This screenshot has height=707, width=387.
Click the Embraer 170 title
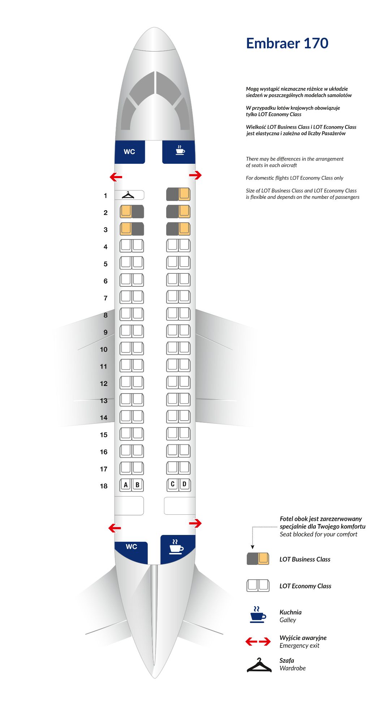287,43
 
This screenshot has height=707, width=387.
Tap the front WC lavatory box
129,152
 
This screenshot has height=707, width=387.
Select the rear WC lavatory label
131,547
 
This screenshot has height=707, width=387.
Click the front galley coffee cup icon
180,150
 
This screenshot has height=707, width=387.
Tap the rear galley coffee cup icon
176,547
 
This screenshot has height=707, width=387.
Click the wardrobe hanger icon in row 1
128,195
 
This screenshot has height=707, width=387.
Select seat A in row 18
126,485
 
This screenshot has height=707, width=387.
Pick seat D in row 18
184,484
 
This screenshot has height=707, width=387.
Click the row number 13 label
104,401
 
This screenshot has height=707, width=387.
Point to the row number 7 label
106,298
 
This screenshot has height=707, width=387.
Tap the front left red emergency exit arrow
116,177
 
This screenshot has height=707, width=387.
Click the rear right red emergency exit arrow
195,523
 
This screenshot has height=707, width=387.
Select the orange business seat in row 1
184,194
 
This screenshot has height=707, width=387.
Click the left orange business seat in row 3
126,228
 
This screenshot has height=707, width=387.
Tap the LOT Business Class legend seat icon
258,559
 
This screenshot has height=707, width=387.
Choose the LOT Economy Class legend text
305,586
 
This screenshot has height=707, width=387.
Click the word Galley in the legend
288,620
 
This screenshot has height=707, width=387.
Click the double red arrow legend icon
258,641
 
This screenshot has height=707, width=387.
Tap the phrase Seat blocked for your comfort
318,534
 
